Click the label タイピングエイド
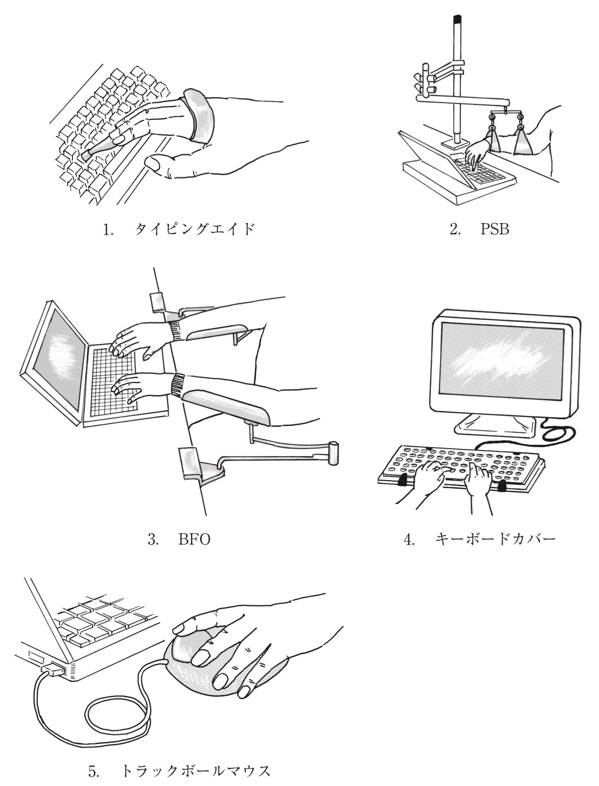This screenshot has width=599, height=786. tap(195, 229)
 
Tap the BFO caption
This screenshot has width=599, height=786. tap(194, 540)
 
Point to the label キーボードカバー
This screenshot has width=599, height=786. tap(495, 539)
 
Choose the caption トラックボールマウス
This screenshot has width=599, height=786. tap(195, 771)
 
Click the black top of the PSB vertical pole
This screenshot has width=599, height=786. tap(457, 19)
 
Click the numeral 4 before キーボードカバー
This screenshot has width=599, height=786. tap(409, 540)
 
